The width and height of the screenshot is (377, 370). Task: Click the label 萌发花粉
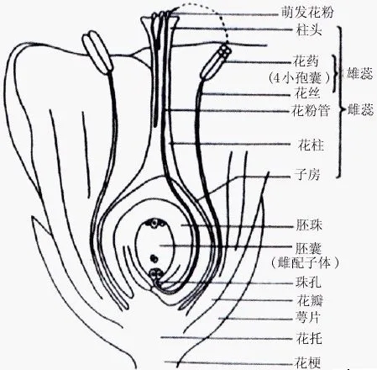(307, 13)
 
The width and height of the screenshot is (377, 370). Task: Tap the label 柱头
(309, 30)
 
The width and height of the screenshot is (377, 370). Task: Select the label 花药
(306, 61)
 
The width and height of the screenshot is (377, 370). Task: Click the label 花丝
(306, 94)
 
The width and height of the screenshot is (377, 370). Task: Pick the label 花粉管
(311, 110)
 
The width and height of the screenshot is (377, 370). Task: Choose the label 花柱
(311, 145)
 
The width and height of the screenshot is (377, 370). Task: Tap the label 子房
(306, 175)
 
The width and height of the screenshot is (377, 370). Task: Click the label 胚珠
(309, 225)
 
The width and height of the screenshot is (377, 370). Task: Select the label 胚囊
(308, 248)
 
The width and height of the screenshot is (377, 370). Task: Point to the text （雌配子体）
(305, 263)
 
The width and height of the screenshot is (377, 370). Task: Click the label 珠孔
(308, 283)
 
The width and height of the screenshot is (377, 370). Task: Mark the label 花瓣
(310, 301)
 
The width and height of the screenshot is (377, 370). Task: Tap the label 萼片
(308, 318)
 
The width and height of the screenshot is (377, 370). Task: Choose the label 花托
(309, 339)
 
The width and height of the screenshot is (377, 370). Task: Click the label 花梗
(307, 362)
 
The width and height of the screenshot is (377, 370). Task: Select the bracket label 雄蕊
(359, 74)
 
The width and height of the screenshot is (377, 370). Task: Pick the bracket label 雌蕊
(360, 110)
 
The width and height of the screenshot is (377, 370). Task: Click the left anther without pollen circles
(97, 52)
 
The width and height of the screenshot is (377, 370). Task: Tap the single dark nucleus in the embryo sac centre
(154, 258)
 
